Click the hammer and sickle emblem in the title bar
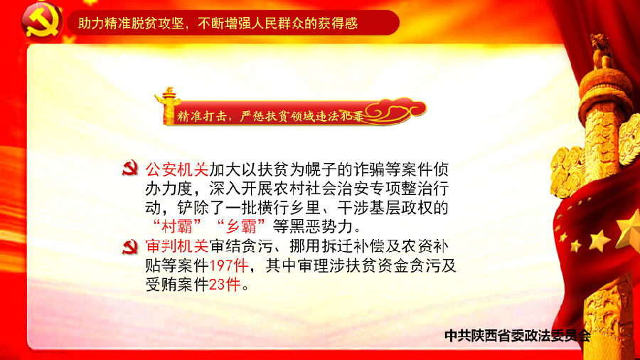[42, 22]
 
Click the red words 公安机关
[177, 169]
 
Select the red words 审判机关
[177, 246]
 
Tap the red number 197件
[229, 265]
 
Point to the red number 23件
[225, 285]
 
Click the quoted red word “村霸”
[177, 226]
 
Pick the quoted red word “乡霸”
[241, 226]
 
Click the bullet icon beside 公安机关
[130, 169]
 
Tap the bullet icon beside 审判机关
[130, 246]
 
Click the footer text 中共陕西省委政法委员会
[518, 336]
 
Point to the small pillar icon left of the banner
[166, 105]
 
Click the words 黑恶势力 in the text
[321, 226]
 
